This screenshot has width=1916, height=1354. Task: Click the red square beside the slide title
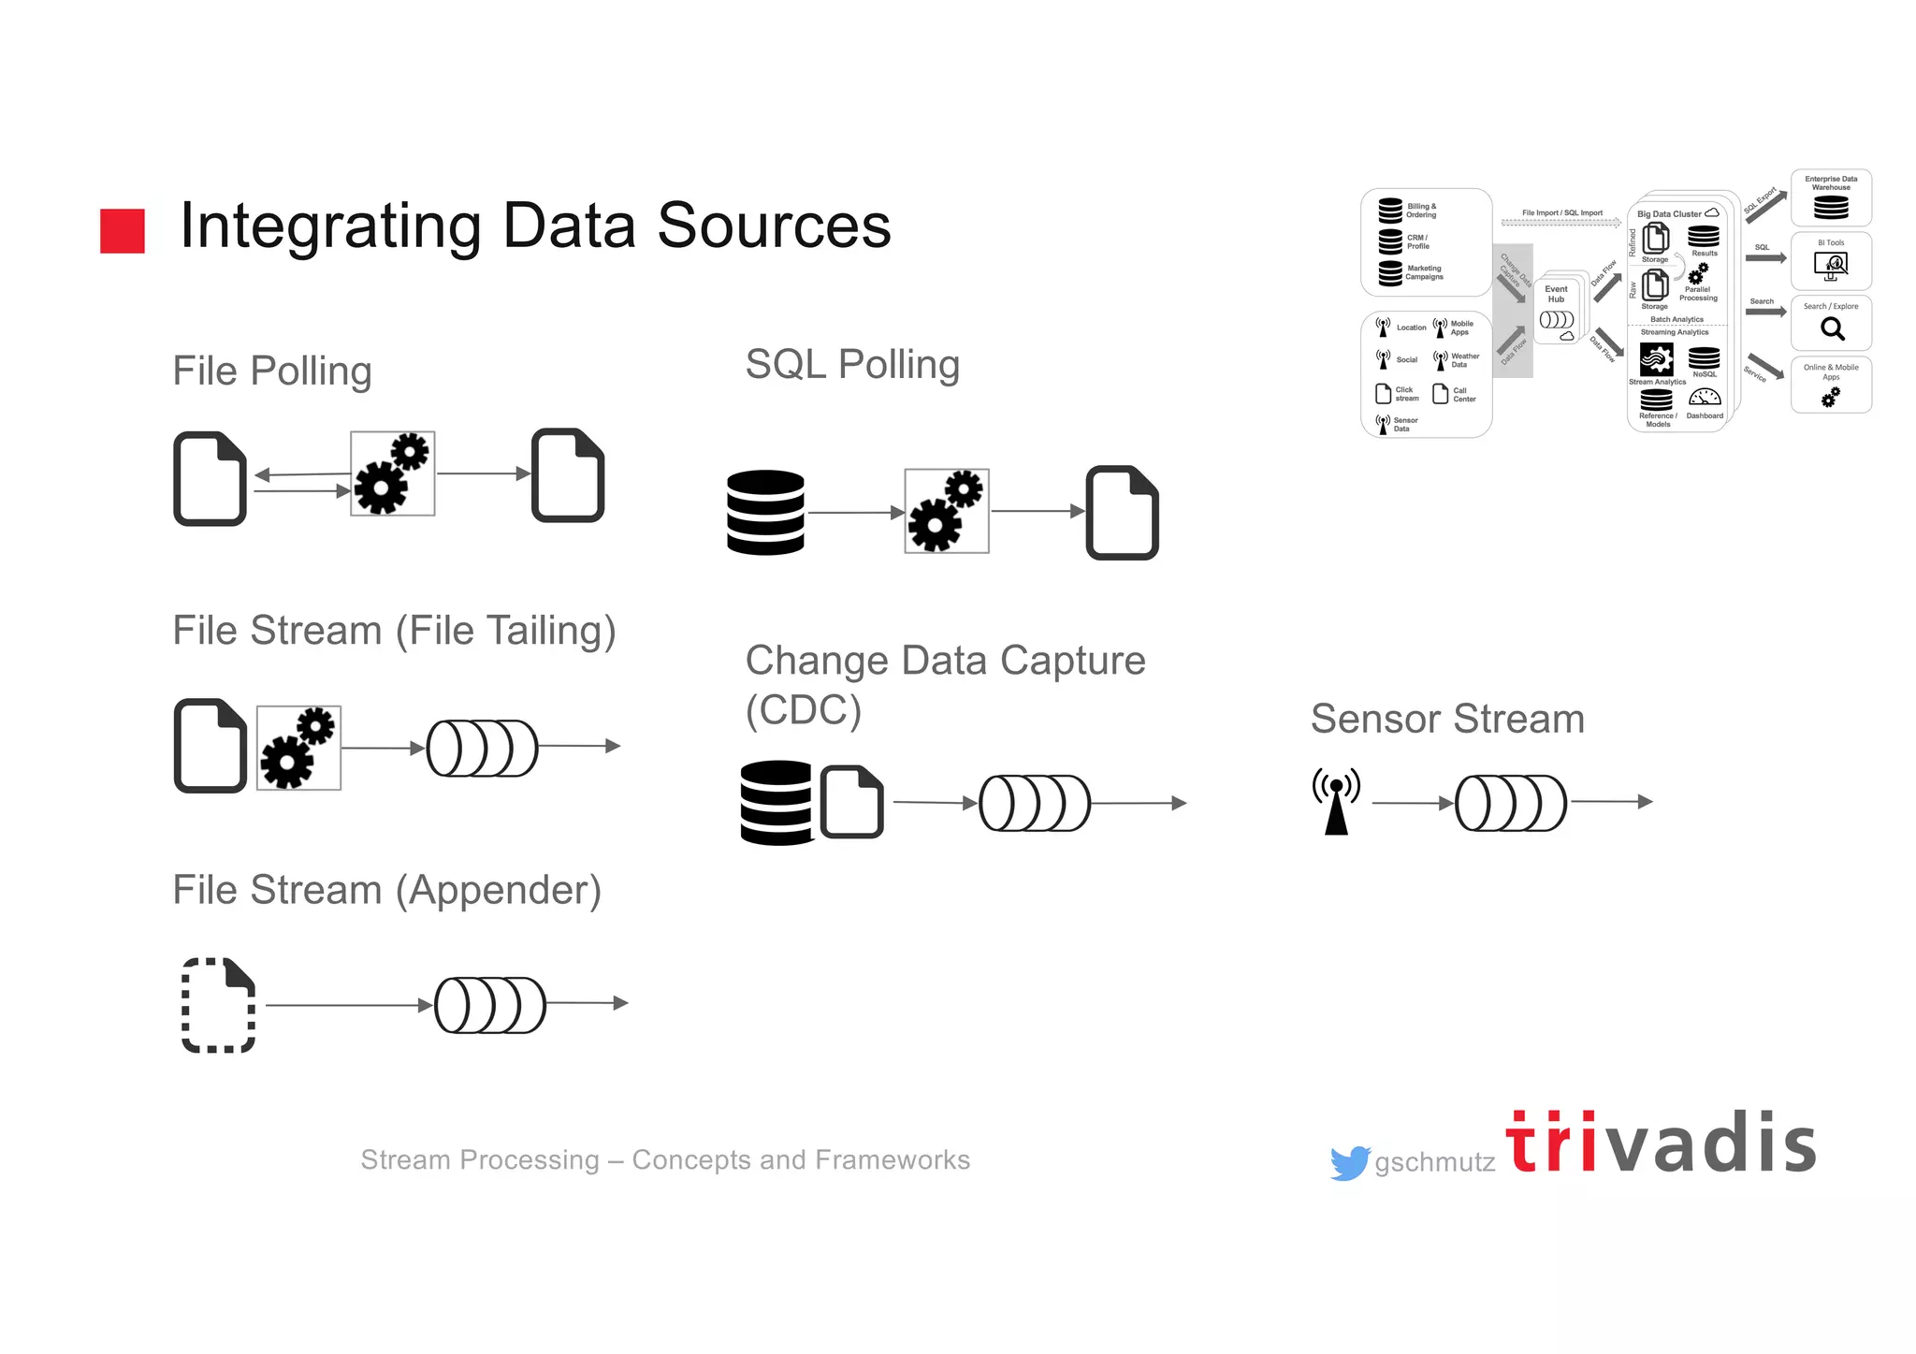[x=123, y=230]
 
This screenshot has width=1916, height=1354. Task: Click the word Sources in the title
[x=774, y=226]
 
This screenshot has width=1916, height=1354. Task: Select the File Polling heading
[x=272, y=371]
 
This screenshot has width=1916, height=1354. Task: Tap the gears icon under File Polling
[x=393, y=473]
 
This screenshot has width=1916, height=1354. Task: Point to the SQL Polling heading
[x=852, y=365]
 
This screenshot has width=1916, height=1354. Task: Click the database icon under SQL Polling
[x=765, y=512]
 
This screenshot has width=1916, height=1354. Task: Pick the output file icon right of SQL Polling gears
[x=1122, y=512]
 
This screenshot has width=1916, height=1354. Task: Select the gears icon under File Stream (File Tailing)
[x=298, y=748]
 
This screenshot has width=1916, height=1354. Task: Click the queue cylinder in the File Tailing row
[x=482, y=748]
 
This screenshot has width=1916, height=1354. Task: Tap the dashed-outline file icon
[x=218, y=1005]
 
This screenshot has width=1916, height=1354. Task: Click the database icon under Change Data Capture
[x=777, y=802]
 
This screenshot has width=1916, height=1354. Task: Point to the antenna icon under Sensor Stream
[x=1336, y=801]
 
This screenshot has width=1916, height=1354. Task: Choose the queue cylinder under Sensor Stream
[x=1510, y=803]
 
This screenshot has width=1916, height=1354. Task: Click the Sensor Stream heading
[x=1447, y=719]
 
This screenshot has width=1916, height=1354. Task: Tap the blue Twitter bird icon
[x=1349, y=1162]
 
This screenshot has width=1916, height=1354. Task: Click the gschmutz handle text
[x=1434, y=1162]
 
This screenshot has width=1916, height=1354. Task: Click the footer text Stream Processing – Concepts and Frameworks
[x=665, y=1159]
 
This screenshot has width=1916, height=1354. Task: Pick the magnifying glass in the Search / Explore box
[x=1832, y=329]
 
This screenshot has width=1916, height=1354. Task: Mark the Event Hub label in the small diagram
[x=1556, y=294]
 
